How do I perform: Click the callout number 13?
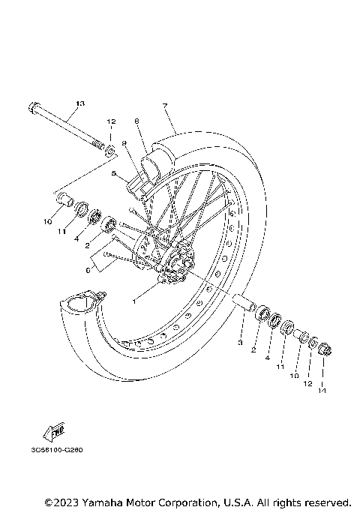(81, 102)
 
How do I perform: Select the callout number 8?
(137, 121)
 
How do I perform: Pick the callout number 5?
(113, 174)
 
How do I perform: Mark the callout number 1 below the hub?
(135, 301)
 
